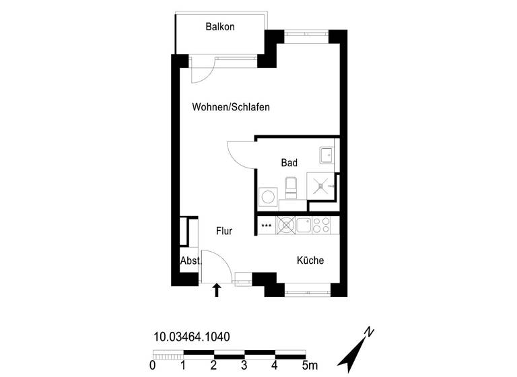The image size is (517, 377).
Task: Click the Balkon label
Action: point(220,27)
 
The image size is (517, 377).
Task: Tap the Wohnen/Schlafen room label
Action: point(226,107)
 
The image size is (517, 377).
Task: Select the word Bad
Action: point(289,163)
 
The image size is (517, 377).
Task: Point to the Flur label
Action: point(224,231)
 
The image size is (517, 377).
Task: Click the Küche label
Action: point(310,261)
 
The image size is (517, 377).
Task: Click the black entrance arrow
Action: point(217,290)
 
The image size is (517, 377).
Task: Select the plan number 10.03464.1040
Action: point(192,337)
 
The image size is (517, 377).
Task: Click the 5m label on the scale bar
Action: point(309,366)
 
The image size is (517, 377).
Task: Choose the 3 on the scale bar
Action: point(244,366)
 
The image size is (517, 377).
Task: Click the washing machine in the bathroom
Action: point(268,197)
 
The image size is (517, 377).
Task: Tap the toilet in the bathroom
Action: point(291,188)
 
